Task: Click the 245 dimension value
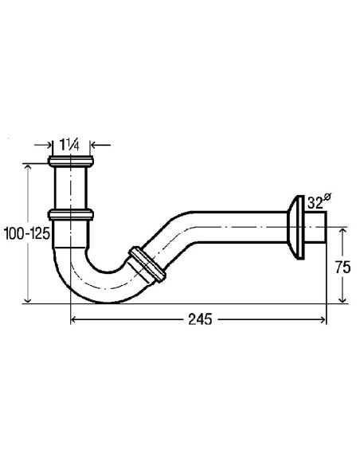[199, 319]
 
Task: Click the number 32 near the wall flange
[314, 202]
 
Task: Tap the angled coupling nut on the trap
[147, 264]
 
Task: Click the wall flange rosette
[299, 227]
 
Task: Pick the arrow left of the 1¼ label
[48, 146]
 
